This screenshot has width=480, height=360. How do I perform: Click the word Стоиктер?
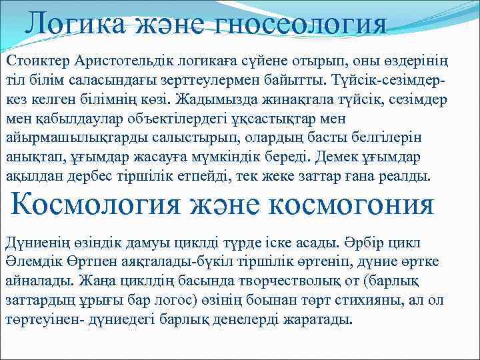[37, 61]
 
